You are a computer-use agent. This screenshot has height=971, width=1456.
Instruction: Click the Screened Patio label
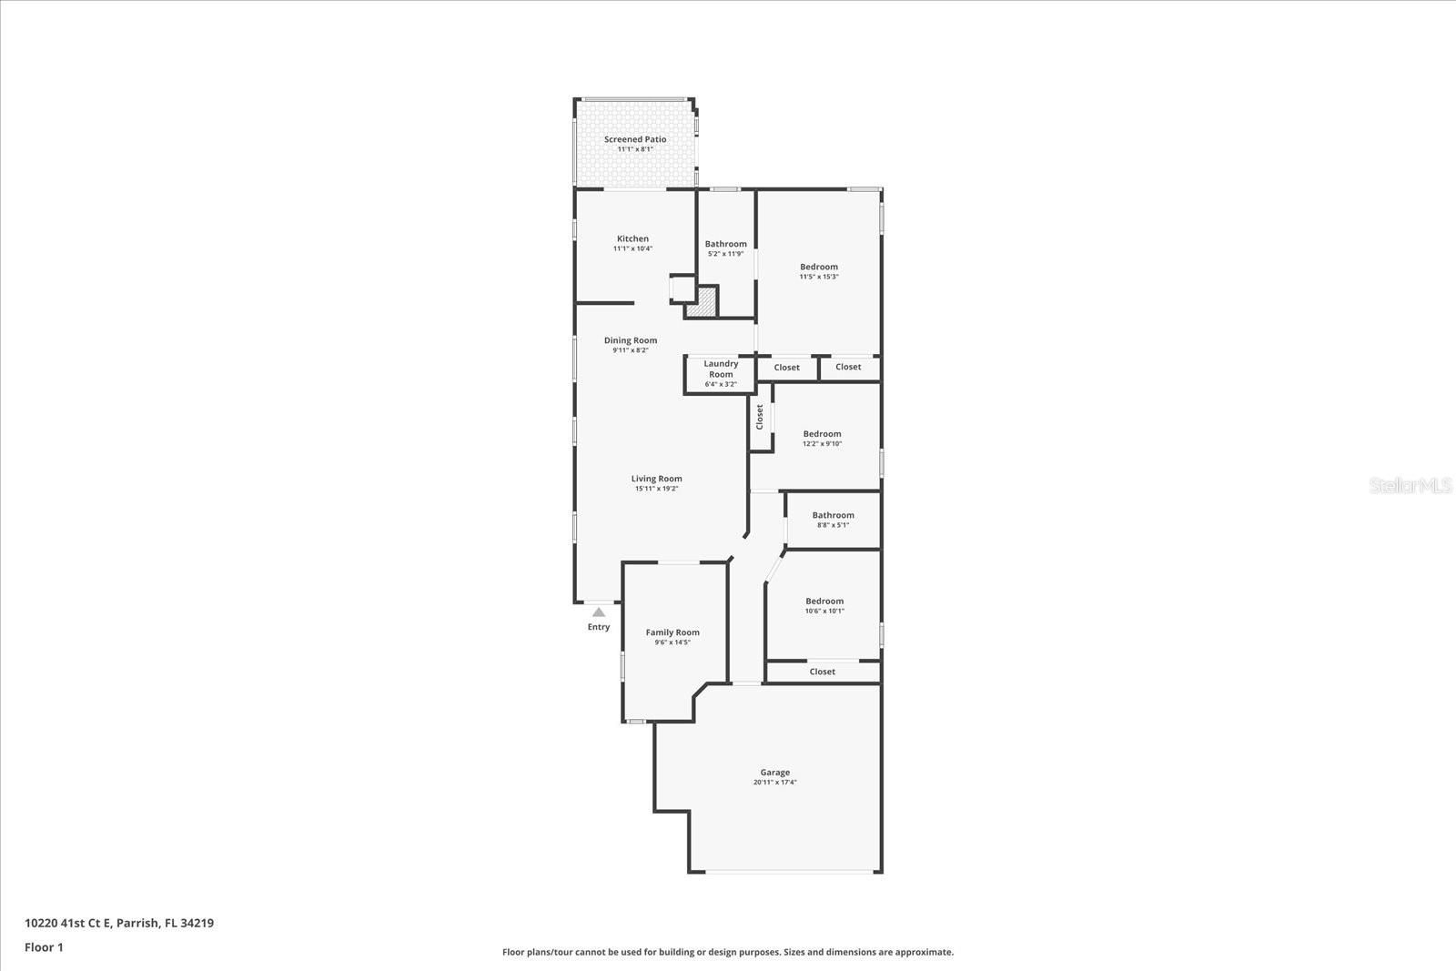tap(635, 139)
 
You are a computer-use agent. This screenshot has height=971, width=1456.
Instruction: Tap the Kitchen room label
tap(632, 238)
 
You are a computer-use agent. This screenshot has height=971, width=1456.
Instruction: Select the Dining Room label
tap(631, 340)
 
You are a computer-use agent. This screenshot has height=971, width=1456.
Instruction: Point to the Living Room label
tap(656, 479)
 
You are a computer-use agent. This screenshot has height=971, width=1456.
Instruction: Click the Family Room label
tap(672, 632)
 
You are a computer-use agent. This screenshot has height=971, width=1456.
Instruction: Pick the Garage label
tap(774, 773)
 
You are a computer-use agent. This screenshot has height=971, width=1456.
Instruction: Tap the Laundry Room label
tap(721, 369)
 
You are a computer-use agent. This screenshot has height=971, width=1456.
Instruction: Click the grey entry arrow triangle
tap(599, 612)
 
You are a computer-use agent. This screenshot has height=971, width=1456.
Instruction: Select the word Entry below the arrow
tap(599, 627)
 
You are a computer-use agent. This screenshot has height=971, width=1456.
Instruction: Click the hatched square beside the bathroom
tap(702, 302)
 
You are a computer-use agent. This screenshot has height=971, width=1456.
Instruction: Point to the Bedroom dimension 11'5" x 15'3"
tap(819, 277)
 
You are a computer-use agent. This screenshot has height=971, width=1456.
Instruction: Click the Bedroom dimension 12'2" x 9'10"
tap(823, 444)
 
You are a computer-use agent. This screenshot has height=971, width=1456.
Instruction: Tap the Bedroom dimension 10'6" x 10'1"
tap(824, 611)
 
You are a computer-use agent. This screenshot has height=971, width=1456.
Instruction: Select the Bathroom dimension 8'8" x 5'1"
tap(834, 525)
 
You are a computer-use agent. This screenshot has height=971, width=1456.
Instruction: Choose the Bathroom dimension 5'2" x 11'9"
tap(726, 254)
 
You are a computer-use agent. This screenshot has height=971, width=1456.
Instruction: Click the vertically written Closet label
tap(759, 418)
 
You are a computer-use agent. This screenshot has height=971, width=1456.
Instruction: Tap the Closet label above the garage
tap(823, 672)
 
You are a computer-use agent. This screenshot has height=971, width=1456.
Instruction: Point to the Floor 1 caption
tap(45, 947)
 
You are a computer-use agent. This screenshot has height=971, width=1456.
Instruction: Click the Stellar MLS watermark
tap(1410, 486)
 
